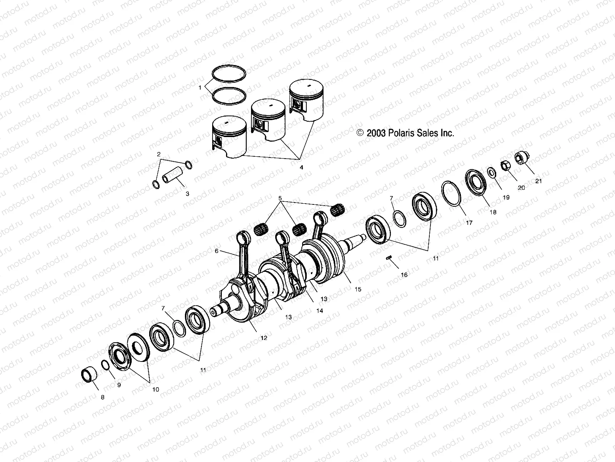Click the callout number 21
(x=539, y=181)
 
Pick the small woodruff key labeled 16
(x=389, y=258)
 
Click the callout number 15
(x=358, y=289)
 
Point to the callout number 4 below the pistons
(x=312, y=167)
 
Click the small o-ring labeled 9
(x=105, y=364)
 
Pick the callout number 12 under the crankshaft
(x=263, y=338)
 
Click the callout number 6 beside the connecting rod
(x=217, y=251)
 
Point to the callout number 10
(x=155, y=389)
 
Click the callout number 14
(x=319, y=311)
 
